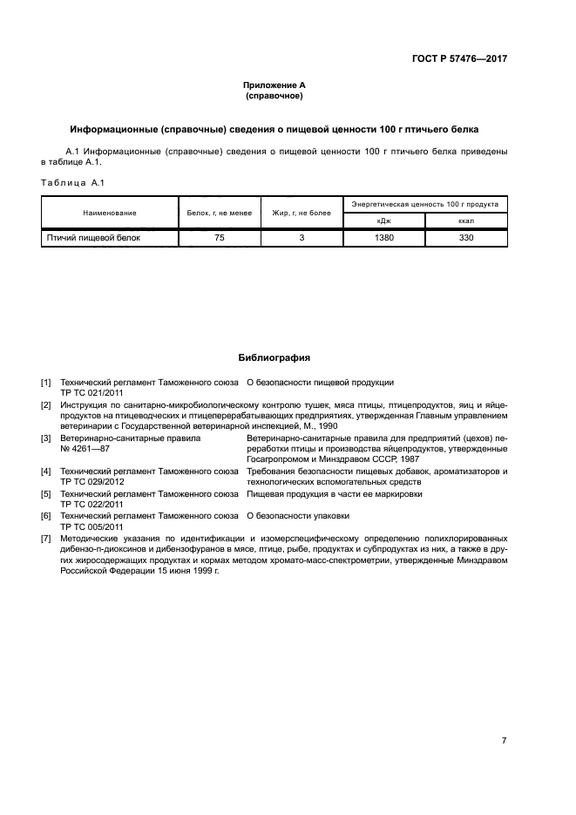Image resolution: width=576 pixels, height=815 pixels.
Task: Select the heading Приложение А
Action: pos(274,85)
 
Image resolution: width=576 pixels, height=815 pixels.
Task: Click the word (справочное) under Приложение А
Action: pos(274,95)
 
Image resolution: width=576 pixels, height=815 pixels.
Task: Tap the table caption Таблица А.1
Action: pos(72,182)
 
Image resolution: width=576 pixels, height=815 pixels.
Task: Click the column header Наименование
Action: pos(110,213)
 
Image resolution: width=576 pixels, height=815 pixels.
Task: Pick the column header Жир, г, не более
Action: pos(302,213)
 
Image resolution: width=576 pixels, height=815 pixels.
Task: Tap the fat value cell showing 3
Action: pos(302,237)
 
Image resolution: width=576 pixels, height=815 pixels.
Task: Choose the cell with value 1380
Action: pos(384,237)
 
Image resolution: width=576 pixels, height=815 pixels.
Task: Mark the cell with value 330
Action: pos(465,237)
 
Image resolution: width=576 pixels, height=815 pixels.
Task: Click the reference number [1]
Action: pos(46,383)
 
